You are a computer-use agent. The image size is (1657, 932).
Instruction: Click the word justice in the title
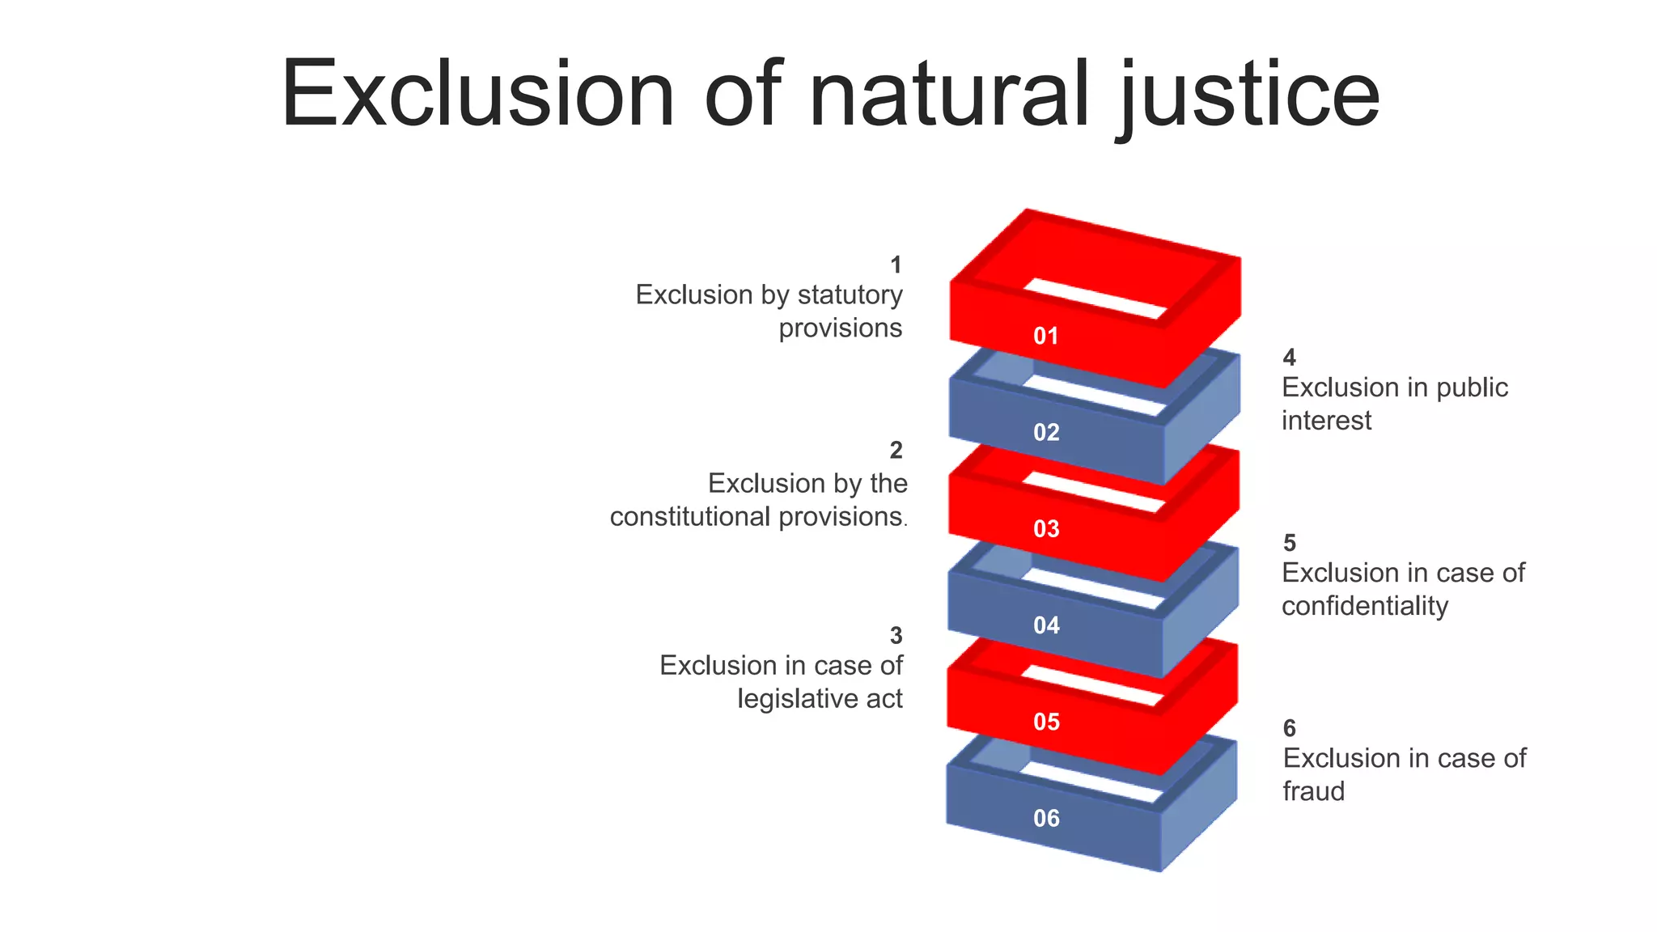[x=1250, y=95]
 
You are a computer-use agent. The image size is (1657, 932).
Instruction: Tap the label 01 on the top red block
[x=1046, y=336]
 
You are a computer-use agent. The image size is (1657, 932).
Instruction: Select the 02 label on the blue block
[x=1046, y=432]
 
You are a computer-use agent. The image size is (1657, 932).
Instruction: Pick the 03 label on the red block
[x=1046, y=528]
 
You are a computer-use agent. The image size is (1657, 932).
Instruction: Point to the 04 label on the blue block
[x=1046, y=625]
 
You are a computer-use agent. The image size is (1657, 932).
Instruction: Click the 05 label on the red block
[x=1046, y=721]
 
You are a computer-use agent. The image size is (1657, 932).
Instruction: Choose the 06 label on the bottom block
[x=1046, y=818]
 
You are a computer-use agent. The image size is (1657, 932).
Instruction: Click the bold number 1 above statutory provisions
[x=896, y=265]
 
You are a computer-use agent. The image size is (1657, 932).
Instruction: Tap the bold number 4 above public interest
[x=1289, y=357]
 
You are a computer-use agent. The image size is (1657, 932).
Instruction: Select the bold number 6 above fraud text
[x=1289, y=728]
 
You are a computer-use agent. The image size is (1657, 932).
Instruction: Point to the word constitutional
[x=690, y=516]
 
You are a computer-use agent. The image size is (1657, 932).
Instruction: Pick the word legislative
[x=798, y=698]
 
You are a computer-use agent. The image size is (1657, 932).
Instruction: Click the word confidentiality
[x=1364, y=606]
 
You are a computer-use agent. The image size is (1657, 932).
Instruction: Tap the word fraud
[x=1313, y=791]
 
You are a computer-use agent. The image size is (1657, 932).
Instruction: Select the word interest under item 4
[x=1326, y=421]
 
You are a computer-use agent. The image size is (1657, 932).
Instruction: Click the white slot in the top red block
[x=1096, y=299]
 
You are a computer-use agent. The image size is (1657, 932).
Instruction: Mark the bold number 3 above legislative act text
[x=896, y=636]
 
